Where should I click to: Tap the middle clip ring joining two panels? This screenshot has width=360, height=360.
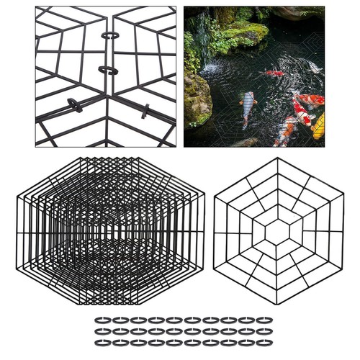tap(107, 70)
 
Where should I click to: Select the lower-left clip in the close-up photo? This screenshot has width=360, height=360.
tap(73, 102)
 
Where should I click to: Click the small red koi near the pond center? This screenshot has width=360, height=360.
tap(274, 73)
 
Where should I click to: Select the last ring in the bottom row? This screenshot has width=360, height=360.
tap(264, 343)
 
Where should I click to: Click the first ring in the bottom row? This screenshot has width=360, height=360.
tap(102, 343)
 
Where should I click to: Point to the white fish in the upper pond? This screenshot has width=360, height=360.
tap(312, 66)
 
